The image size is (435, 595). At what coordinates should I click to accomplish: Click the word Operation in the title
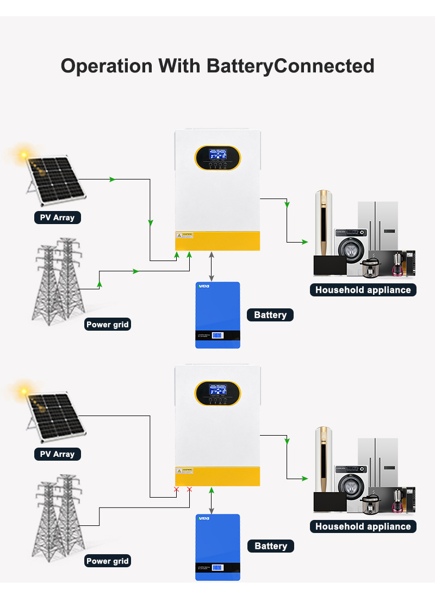point(107,66)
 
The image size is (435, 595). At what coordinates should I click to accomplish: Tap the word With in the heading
point(180,66)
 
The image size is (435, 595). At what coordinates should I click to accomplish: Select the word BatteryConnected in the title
point(291,66)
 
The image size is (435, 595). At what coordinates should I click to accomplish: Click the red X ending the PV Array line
point(176,489)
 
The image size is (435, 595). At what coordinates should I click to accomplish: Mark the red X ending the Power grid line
point(189,489)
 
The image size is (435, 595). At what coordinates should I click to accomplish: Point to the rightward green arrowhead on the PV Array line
point(113,179)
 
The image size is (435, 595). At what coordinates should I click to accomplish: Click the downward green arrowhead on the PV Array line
point(150,223)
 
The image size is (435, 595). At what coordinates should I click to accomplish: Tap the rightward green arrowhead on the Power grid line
point(136,270)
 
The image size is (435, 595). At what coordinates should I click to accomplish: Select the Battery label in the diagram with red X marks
point(270,546)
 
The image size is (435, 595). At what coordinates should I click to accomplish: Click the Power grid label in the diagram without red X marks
point(108,325)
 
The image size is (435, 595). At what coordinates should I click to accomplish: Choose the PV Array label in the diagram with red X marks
point(57,454)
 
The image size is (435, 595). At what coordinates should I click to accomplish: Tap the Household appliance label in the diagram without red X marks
point(363,290)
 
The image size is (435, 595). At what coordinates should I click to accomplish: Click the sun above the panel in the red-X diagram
point(23,391)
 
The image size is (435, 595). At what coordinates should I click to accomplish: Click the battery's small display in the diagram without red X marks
point(217,335)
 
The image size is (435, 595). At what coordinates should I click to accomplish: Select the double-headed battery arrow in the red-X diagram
point(212,500)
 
